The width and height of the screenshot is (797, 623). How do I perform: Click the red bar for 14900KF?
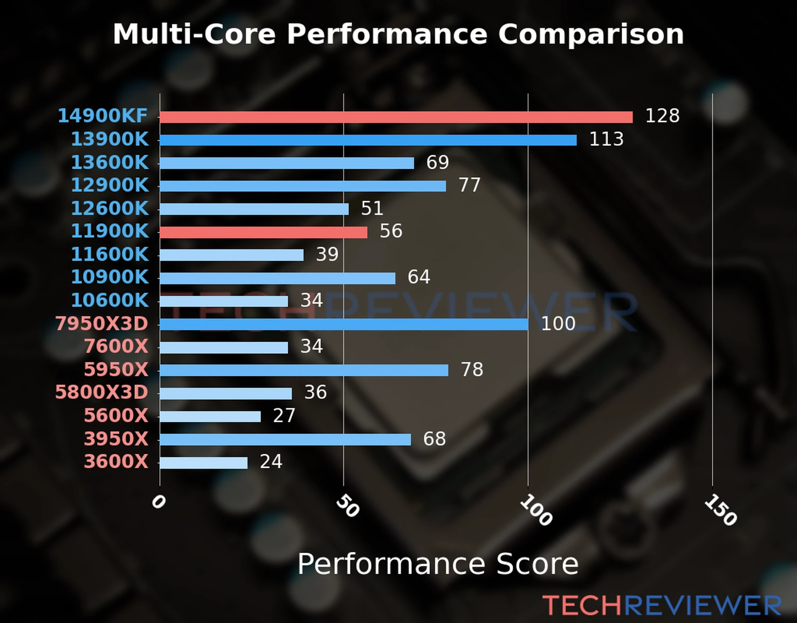[x=396, y=117]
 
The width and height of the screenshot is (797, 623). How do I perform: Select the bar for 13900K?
[x=368, y=140]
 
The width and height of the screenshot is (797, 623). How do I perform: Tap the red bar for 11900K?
[x=263, y=232]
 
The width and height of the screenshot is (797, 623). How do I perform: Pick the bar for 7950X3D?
[x=343, y=324]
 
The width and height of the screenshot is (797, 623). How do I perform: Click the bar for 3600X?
[x=203, y=463]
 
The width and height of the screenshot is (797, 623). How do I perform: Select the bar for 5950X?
[x=304, y=370]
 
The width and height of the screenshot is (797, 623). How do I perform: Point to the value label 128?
[x=662, y=116]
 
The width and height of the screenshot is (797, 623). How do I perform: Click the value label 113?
[x=606, y=139]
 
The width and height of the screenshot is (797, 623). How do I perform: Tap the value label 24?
[x=271, y=462]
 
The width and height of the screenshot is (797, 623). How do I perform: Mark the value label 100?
[x=558, y=323]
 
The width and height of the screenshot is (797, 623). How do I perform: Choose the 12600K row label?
[x=109, y=208]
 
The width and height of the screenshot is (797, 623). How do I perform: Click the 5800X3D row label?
[x=102, y=392]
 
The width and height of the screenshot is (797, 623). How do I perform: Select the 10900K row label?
[x=109, y=277]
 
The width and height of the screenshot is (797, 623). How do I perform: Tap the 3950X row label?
[x=116, y=439]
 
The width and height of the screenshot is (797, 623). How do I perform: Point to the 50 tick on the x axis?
[x=347, y=506]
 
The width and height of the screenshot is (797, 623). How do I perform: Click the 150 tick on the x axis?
[x=720, y=510]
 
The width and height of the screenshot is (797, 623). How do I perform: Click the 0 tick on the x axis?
[x=158, y=502]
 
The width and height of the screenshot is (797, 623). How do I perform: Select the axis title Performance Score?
[x=437, y=564]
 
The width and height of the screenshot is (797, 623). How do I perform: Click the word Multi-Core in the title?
[x=194, y=34]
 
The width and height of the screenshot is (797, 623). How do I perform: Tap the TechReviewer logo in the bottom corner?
[x=662, y=605]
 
